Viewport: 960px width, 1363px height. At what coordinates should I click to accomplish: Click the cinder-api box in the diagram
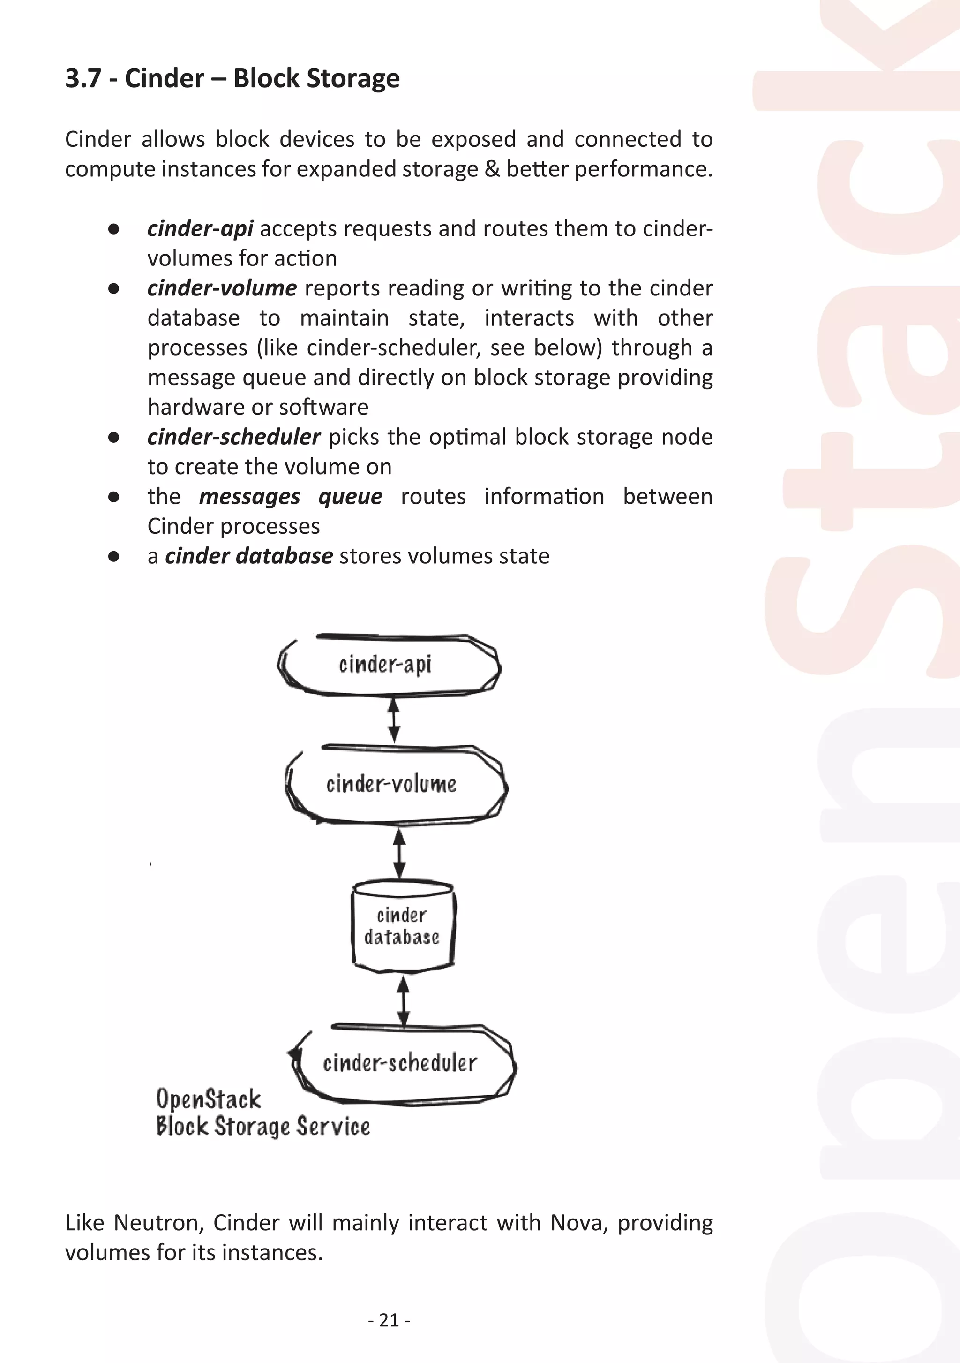tap(389, 666)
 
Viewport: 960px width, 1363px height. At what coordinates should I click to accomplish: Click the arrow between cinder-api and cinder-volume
tap(393, 719)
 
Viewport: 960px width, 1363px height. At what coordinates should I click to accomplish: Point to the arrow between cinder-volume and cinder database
tap(399, 854)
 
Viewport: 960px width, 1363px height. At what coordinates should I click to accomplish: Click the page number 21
tap(389, 1320)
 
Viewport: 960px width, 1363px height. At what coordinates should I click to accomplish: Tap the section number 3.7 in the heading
tap(83, 78)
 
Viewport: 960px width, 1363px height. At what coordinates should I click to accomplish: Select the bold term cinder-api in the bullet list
tap(201, 228)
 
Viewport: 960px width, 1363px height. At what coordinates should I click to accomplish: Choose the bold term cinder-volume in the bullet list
tap(222, 288)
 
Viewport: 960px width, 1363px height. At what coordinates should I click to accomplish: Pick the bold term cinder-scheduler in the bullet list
tap(234, 437)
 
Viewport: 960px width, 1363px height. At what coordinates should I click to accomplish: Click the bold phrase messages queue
tap(290, 496)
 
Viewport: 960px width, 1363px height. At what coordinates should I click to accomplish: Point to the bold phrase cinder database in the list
tap(248, 556)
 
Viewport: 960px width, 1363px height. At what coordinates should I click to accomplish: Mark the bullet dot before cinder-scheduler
tap(114, 438)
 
